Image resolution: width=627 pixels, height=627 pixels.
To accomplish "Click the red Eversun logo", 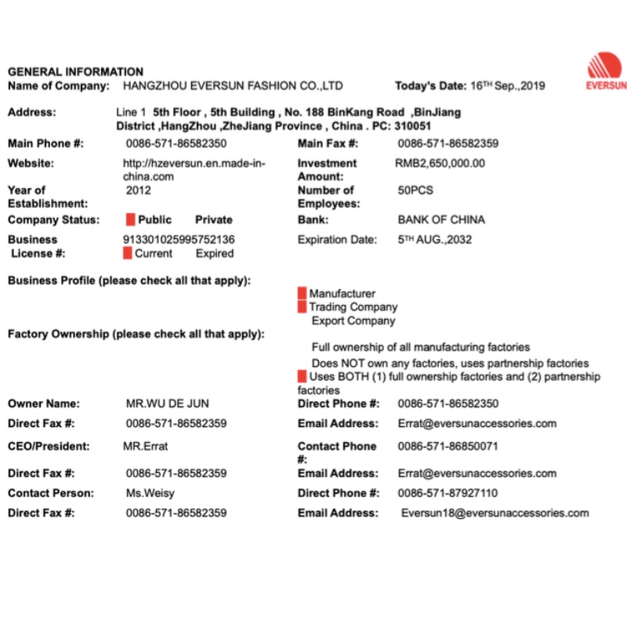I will click(x=606, y=70).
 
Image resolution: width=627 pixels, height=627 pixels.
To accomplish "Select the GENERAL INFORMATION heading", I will click(x=75, y=72).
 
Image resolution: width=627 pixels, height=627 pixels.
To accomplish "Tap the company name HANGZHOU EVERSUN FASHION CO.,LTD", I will click(x=234, y=85).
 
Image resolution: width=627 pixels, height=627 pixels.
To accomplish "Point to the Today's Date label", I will click(x=429, y=85).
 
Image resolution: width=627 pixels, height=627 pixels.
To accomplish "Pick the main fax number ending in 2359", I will click(x=448, y=143).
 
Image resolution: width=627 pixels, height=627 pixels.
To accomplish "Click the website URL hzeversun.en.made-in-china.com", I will click(x=194, y=169).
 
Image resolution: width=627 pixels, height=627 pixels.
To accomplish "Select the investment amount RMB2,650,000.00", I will click(x=440, y=163).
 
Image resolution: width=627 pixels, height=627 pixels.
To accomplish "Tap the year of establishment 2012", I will click(x=139, y=190).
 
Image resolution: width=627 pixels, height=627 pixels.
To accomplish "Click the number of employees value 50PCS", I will click(x=415, y=190).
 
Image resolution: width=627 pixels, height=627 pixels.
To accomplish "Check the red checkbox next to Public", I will click(x=131, y=219).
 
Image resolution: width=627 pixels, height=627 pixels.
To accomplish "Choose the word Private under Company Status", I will click(x=213, y=219).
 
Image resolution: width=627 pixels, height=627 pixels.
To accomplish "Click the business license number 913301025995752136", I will click(x=179, y=239).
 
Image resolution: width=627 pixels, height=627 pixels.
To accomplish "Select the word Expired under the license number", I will click(x=214, y=253).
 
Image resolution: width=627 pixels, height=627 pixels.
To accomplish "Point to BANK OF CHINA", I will click(x=441, y=219).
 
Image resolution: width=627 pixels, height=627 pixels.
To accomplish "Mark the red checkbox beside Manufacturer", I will click(x=302, y=293).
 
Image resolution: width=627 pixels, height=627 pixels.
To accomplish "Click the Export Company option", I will click(x=353, y=321).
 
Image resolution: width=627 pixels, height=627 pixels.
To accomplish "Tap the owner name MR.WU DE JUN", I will click(x=167, y=404).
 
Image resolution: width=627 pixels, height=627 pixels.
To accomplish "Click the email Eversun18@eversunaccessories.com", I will click(x=495, y=513).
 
